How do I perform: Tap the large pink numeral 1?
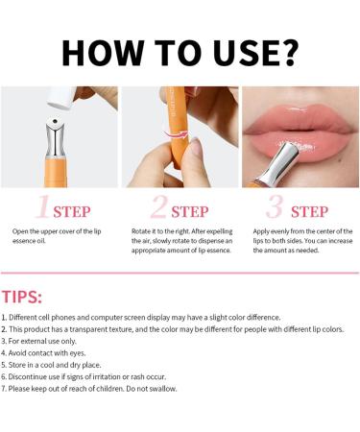pyautogui.click(x=42, y=206)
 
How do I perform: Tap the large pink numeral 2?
pyautogui.click(x=159, y=206)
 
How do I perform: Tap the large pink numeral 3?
pyautogui.click(x=276, y=206)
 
